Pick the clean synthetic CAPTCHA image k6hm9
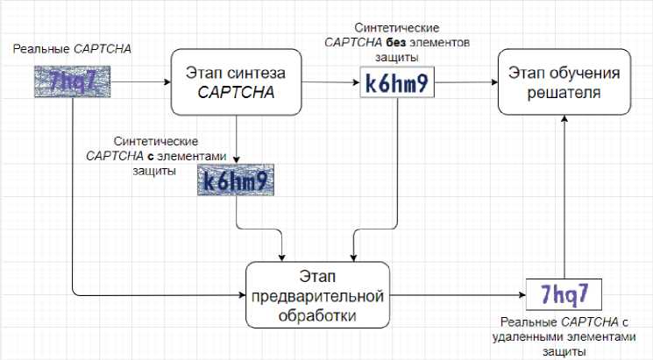(x=397, y=85)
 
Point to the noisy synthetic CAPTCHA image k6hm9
(x=235, y=181)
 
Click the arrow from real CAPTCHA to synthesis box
(x=140, y=84)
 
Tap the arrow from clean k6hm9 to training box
(x=465, y=85)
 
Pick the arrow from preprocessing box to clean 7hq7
(x=456, y=294)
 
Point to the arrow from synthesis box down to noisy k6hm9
(x=238, y=140)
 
